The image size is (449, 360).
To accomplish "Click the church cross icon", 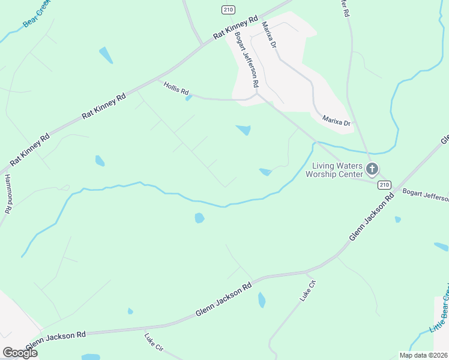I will (x=372, y=170).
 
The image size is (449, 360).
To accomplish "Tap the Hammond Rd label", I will (x=8, y=194).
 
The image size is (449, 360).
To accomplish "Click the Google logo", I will (x=19, y=353).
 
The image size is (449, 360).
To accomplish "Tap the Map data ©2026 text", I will (x=423, y=355).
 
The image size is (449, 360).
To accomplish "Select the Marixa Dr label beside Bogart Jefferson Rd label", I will (x=268, y=35).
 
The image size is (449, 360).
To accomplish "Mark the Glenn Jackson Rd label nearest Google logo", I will (x=56, y=339).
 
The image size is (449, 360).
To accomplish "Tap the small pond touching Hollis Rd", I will (x=189, y=98).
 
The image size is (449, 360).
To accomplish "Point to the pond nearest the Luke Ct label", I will (x=261, y=299).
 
